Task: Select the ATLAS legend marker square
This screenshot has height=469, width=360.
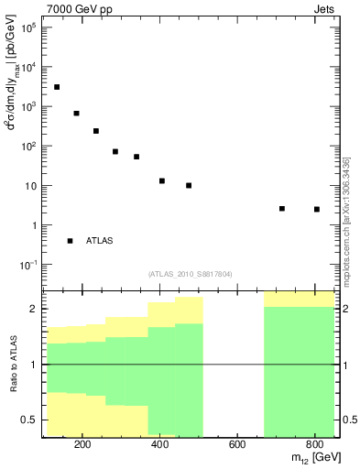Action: click(x=70, y=241)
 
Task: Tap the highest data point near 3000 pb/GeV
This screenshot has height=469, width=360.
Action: click(x=57, y=87)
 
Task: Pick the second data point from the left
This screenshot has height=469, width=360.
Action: click(x=76, y=114)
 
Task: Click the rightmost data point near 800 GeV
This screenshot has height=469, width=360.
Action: click(x=317, y=210)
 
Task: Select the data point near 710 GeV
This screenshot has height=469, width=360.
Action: click(x=282, y=209)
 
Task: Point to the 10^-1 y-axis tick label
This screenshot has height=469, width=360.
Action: click(x=27, y=265)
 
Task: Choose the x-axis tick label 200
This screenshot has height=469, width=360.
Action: click(x=82, y=445)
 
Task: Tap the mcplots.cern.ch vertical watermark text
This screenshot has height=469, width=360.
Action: click(x=345, y=220)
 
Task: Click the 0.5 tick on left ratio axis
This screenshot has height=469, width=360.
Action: click(x=29, y=420)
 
